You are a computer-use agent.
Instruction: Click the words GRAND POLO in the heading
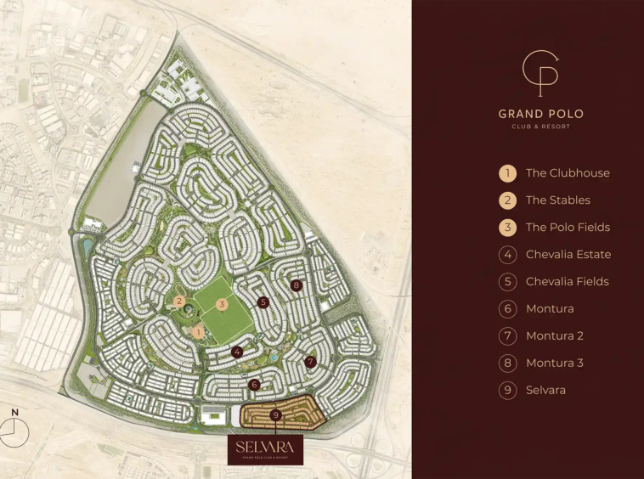(540, 114)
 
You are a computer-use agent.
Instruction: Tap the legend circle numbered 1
(507, 173)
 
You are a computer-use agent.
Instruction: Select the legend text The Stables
(557, 200)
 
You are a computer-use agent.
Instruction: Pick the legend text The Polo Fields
(568, 228)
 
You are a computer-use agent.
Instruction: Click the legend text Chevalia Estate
(568, 255)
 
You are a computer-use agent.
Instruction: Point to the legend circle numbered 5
(507, 282)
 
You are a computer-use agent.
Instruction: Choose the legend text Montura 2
(554, 336)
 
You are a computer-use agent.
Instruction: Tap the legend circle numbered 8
(507, 363)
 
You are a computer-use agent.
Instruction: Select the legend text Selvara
(545, 391)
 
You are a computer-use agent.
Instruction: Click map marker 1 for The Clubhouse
(198, 333)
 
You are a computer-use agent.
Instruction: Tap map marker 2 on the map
(179, 301)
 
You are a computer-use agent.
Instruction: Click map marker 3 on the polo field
(222, 304)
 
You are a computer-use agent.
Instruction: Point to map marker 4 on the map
(237, 352)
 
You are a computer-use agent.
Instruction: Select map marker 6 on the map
(254, 385)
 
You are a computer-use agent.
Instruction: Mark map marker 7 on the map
(311, 362)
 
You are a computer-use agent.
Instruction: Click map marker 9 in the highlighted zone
(275, 414)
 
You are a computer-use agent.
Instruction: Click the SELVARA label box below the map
(265, 448)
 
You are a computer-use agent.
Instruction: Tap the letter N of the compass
(14, 413)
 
